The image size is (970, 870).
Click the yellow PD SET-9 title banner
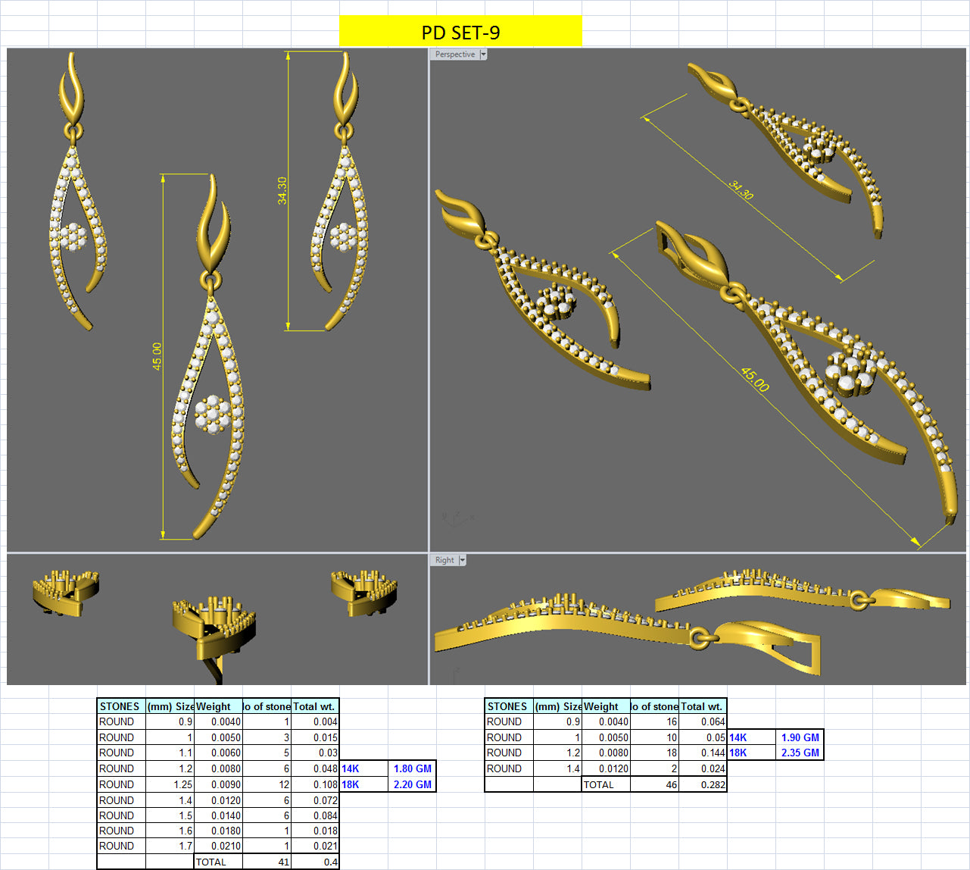click(x=460, y=32)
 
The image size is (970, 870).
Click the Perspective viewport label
click(x=455, y=55)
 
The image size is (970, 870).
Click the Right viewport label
click(x=444, y=560)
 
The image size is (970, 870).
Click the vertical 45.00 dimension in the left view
click(x=157, y=355)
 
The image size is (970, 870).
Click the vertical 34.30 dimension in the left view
click(x=282, y=190)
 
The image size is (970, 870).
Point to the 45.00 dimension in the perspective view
click(x=754, y=379)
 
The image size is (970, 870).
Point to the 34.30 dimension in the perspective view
click(x=741, y=189)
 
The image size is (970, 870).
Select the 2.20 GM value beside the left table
click(x=413, y=784)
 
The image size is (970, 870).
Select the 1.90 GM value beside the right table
click(x=800, y=737)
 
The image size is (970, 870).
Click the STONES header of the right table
click(x=507, y=706)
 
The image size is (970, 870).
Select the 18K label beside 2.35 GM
click(x=738, y=753)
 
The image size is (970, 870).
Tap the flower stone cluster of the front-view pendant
click(x=212, y=414)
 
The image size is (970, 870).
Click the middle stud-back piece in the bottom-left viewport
click(x=214, y=629)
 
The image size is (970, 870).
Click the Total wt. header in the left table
click(x=314, y=706)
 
